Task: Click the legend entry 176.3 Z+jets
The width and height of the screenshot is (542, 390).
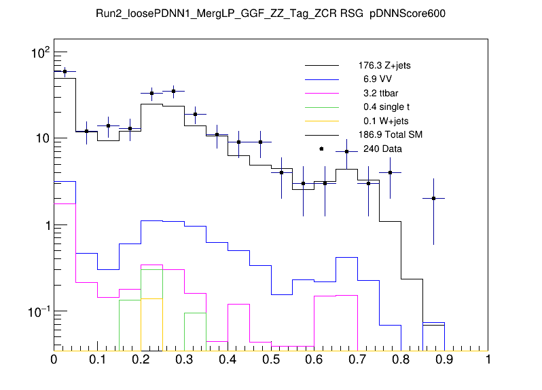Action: (384, 66)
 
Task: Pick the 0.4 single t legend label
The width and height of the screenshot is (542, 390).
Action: (384, 107)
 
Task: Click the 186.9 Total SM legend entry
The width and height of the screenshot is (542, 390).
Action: (390, 135)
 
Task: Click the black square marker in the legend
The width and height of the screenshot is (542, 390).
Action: (321, 149)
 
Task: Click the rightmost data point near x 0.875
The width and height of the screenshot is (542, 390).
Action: (433, 198)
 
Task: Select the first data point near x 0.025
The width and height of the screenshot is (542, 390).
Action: (65, 71)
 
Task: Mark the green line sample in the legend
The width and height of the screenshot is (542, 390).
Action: (321, 107)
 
